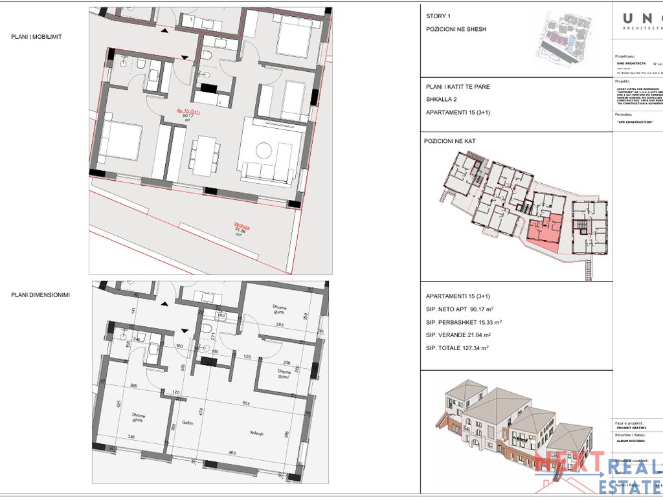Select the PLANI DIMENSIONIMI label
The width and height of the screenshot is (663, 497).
[40, 295]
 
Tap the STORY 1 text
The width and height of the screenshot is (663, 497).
[438, 16]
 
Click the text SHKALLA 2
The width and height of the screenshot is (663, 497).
[442, 99]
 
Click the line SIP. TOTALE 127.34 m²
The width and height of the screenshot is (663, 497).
[457, 348]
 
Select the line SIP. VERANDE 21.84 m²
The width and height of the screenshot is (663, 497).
[458, 335]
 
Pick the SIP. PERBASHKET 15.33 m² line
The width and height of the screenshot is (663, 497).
[464, 322]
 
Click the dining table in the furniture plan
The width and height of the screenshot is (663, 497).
[205, 155]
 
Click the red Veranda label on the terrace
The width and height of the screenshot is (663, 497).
[242, 226]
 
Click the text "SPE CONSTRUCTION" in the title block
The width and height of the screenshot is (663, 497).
[635, 122]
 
